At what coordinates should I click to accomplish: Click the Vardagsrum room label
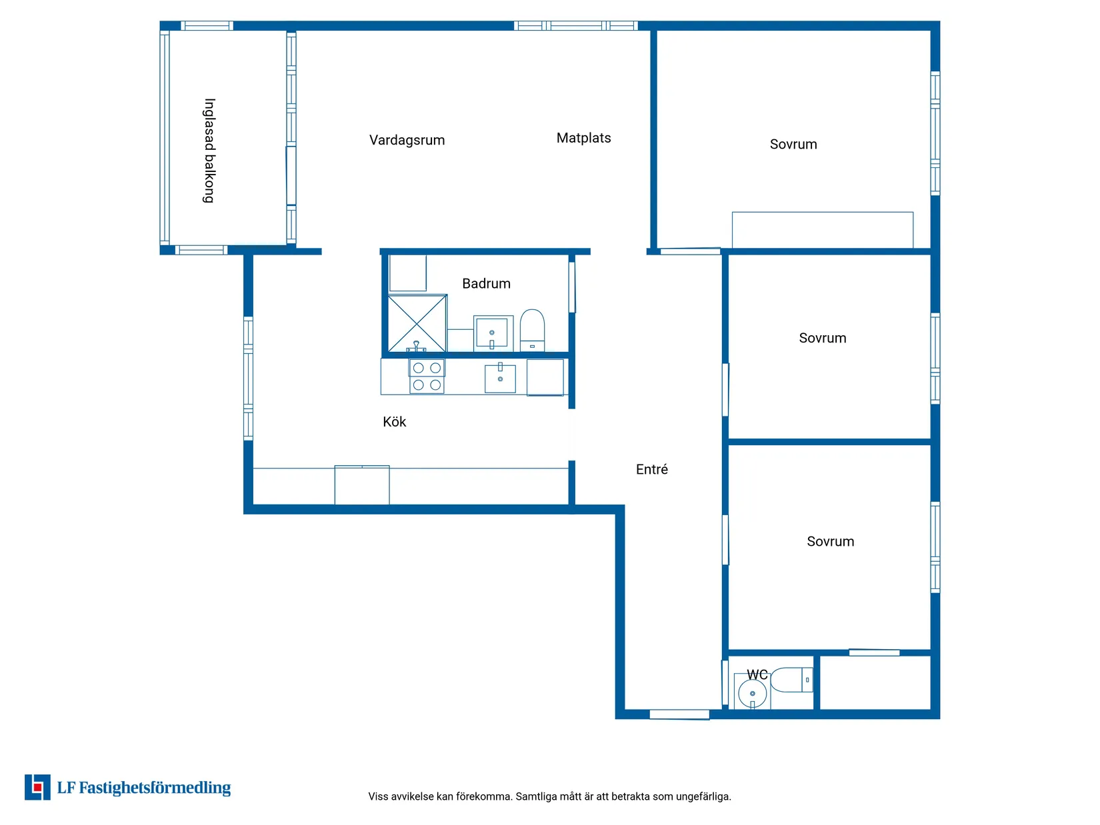[x=407, y=140]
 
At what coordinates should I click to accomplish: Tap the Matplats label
[x=583, y=138]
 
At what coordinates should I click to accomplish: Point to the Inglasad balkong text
[x=209, y=151]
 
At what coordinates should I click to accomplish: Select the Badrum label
[x=486, y=283]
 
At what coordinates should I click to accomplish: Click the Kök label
[x=394, y=422]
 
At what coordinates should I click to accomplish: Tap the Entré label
[x=651, y=469]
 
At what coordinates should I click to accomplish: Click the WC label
[x=757, y=674]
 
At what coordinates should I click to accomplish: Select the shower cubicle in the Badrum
[x=417, y=324]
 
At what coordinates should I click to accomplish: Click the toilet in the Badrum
[x=532, y=329]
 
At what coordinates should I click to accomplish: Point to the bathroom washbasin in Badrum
[x=493, y=333]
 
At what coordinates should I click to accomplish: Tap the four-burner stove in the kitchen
[x=427, y=377]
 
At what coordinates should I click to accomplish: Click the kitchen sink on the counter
[x=500, y=378]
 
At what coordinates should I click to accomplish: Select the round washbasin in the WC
[x=753, y=694]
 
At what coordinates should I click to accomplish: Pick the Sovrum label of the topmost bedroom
[x=793, y=144]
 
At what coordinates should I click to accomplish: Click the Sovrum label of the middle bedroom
[x=822, y=338]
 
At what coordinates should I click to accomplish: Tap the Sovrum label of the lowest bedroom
[x=830, y=541]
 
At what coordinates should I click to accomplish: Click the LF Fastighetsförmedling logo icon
[x=38, y=787]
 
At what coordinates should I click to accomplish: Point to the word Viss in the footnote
[x=377, y=796]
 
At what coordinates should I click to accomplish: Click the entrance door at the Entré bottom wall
[x=679, y=714]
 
